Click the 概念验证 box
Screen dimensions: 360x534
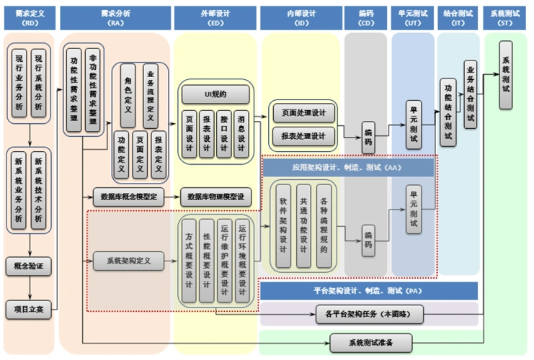click(x=29, y=266)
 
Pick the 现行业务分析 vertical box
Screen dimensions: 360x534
click(x=19, y=81)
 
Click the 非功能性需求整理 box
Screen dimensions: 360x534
click(x=92, y=91)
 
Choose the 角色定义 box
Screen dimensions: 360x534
click(x=128, y=94)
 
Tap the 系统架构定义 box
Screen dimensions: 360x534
click(x=128, y=261)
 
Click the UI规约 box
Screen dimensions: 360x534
click(x=215, y=94)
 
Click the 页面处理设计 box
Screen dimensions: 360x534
click(x=303, y=113)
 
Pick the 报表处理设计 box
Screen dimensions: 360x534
click(x=303, y=135)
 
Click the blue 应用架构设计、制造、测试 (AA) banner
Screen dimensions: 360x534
click(x=349, y=167)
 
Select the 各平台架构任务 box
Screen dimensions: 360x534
click(x=369, y=314)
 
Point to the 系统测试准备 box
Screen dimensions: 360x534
click(x=370, y=341)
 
